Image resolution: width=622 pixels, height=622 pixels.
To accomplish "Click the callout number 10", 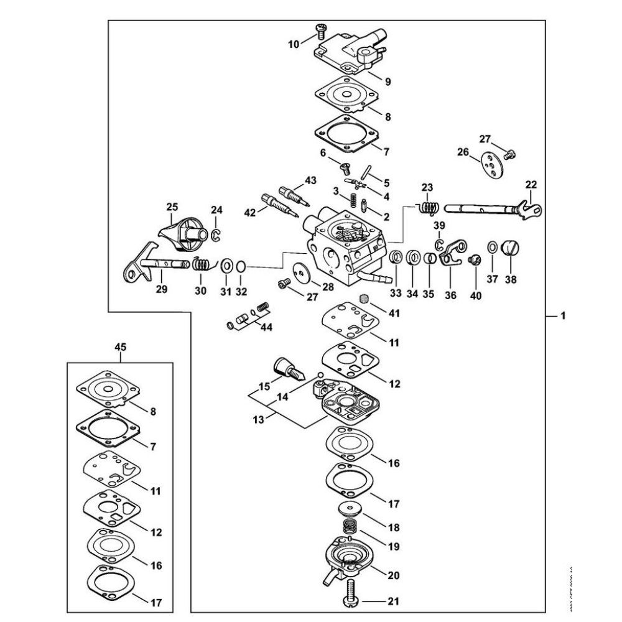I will (x=293, y=44).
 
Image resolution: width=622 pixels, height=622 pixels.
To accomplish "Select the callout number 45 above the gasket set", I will (x=120, y=348).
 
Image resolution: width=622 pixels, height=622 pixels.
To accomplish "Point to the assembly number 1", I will (x=562, y=317).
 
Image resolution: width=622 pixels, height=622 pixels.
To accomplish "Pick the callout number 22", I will (x=531, y=185).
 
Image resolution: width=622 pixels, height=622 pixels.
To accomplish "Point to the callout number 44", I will (x=266, y=327).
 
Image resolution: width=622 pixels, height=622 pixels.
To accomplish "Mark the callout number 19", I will (x=394, y=547).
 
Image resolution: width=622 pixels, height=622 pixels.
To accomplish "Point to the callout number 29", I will (x=161, y=290).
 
